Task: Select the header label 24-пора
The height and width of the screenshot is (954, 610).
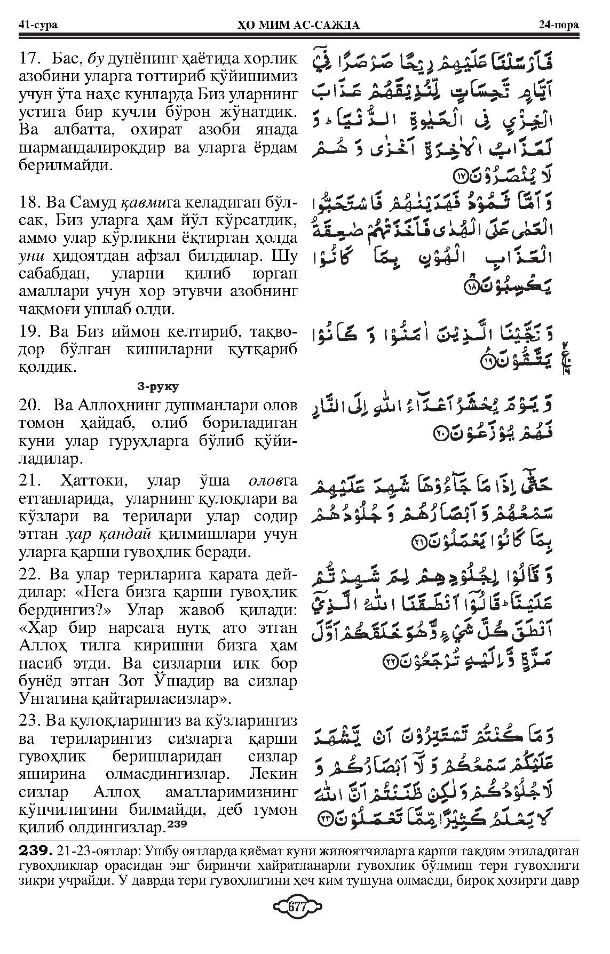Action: [560, 25]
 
